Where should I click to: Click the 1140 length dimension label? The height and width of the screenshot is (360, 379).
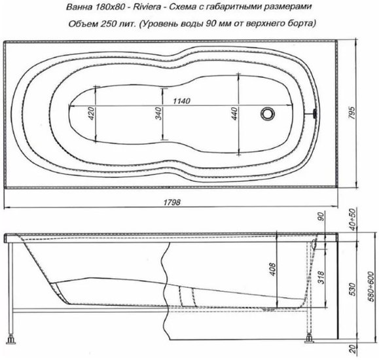pyautogui.click(x=182, y=101)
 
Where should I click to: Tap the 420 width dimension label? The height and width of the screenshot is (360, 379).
pyautogui.click(x=92, y=114)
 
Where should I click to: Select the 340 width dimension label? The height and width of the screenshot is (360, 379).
pyautogui.click(x=158, y=114)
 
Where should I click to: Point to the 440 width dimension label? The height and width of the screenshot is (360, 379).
pyautogui.click(x=234, y=114)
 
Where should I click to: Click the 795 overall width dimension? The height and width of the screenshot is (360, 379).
pyautogui.click(x=352, y=113)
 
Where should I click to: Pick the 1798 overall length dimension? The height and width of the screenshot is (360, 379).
pyautogui.click(x=172, y=202)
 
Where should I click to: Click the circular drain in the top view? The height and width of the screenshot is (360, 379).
pyautogui.click(x=268, y=113)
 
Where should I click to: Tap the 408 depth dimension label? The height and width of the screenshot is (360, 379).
pyautogui.click(x=273, y=269)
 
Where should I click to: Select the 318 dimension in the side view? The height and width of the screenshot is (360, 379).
pyautogui.click(x=321, y=278)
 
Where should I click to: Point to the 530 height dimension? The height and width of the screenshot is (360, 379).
pyautogui.click(x=353, y=289)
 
